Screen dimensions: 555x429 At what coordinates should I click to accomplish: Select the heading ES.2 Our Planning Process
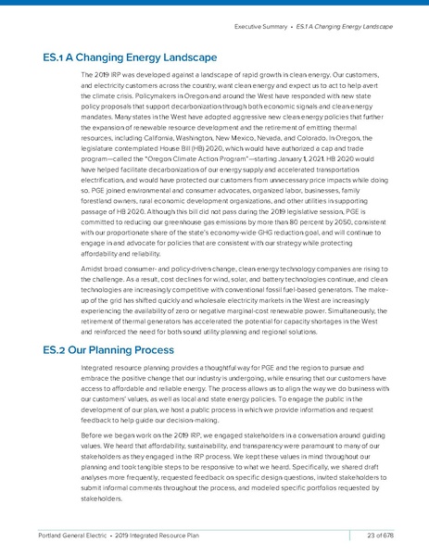click(108, 350)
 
